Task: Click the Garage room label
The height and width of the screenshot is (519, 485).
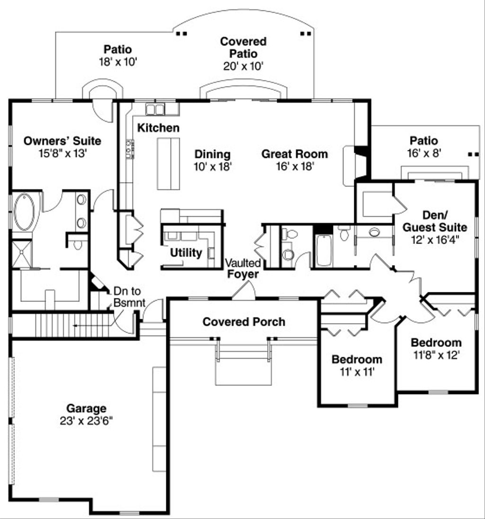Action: (86, 408)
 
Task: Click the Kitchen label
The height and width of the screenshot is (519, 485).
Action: (158, 128)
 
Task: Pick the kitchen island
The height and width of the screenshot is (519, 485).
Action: (168, 164)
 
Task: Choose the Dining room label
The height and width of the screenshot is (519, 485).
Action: (212, 154)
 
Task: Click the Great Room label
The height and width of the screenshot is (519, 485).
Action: (295, 154)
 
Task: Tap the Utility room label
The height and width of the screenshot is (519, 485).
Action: (186, 253)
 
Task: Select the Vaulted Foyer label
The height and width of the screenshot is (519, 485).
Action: (242, 269)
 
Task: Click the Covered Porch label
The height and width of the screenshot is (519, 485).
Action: (244, 322)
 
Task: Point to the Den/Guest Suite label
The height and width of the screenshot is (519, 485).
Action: (434, 221)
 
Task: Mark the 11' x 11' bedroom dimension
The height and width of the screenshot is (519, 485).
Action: (357, 372)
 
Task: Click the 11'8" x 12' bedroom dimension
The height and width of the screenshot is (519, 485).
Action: (436, 355)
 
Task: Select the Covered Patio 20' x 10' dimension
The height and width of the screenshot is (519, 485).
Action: (243, 66)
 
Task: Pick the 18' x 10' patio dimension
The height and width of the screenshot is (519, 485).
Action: (117, 62)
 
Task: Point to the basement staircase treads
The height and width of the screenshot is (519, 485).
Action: (62, 325)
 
